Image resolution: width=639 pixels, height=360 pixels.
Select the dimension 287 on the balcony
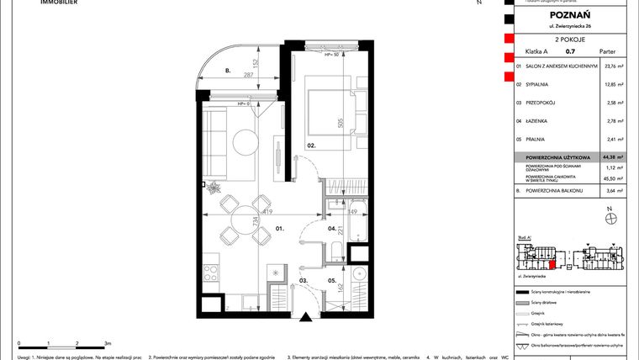coord(248,75)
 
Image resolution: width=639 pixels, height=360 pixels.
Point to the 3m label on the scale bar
coord(107,344)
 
